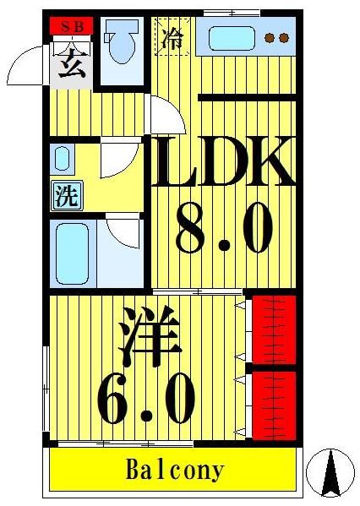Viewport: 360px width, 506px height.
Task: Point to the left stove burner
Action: point(270,38)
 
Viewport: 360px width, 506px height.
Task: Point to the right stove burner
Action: point(285,38)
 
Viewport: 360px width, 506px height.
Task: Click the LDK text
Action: point(222,165)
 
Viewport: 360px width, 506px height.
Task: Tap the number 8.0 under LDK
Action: point(224,230)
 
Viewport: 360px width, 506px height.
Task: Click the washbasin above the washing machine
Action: point(63,158)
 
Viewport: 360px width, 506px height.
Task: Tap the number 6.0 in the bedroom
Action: point(147,399)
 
